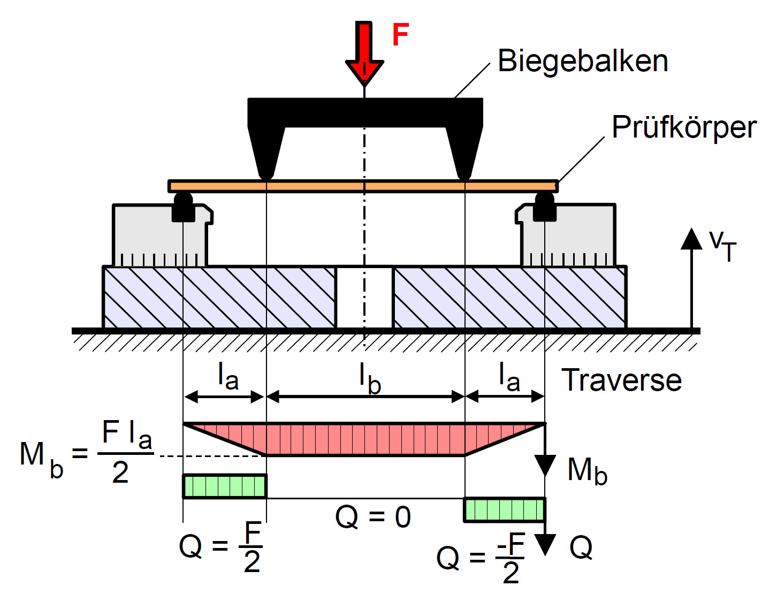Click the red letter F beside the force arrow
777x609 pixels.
(x=400, y=35)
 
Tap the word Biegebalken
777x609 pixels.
(x=582, y=62)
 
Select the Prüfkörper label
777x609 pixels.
(x=684, y=127)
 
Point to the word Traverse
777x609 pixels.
(x=621, y=380)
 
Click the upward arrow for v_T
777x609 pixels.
(x=691, y=278)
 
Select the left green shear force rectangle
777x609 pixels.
(x=225, y=486)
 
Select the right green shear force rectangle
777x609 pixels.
(x=505, y=510)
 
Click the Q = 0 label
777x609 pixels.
(x=373, y=517)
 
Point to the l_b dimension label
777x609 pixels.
(x=370, y=379)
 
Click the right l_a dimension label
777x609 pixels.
(x=509, y=377)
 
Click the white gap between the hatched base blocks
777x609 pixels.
(x=364, y=298)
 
